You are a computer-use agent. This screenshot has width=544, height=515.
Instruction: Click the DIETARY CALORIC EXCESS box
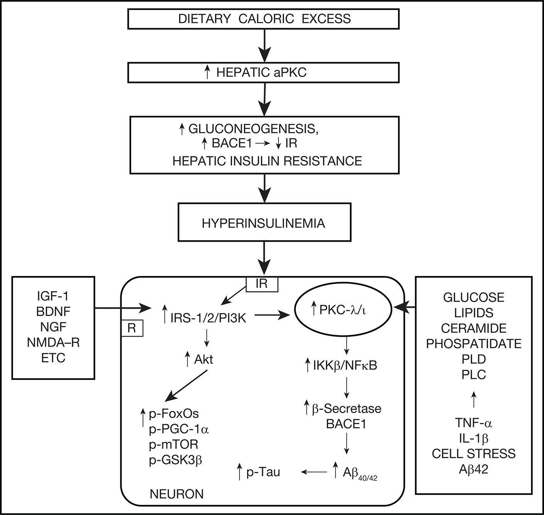point(264,19)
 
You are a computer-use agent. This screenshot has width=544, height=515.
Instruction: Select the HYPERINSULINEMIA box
point(264,223)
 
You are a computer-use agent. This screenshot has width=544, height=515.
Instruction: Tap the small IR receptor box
point(262,284)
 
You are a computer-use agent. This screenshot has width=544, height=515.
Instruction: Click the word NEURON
point(177,494)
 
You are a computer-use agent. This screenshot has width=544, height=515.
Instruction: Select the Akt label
point(203,359)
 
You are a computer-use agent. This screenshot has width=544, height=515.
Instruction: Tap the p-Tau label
point(263,472)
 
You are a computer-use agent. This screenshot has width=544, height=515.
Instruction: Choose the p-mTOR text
point(173,444)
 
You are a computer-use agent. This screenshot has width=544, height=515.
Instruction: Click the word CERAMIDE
point(473,328)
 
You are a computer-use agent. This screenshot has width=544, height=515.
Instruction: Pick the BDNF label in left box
point(53,312)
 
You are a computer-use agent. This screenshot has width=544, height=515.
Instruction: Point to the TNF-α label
point(473,423)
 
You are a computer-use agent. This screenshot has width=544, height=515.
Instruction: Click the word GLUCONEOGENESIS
point(253,129)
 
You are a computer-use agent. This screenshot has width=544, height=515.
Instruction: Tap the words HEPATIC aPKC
point(261,72)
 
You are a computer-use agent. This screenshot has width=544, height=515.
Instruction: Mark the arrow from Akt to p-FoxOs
point(186,386)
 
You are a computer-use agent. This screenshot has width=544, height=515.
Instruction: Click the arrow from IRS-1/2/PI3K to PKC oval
point(272,315)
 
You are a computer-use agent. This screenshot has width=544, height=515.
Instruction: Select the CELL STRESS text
point(473,454)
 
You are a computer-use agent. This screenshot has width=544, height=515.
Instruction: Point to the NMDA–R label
point(53,342)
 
